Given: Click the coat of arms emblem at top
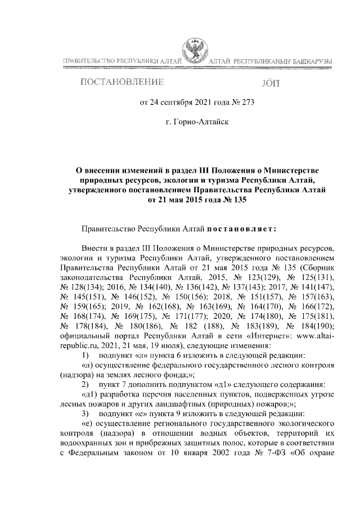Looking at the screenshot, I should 196,51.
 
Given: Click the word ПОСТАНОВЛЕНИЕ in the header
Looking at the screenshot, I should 123,83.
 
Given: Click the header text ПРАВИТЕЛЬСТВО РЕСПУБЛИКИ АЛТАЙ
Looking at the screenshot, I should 120,60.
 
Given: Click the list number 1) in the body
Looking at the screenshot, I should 85,355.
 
